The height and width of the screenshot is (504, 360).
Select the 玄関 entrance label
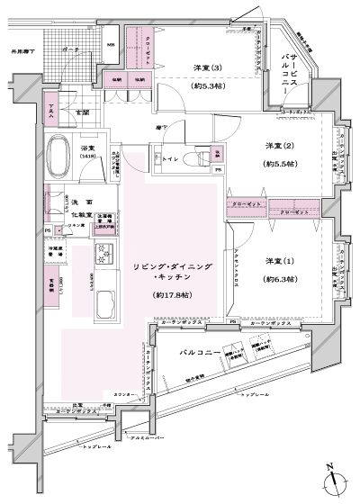[x=83, y=112]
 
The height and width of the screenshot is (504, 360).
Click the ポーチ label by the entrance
[x=71, y=50]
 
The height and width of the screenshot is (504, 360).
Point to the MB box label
[x=111, y=45]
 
